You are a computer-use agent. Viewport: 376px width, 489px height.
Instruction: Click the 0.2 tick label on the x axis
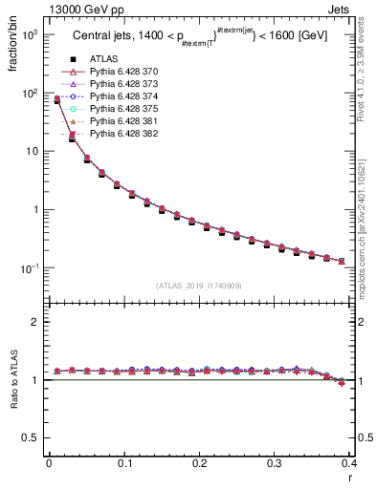pyautogui.click(x=199, y=464)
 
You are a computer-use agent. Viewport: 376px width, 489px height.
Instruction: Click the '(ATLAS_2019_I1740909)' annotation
pyautogui.click(x=198, y=286)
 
